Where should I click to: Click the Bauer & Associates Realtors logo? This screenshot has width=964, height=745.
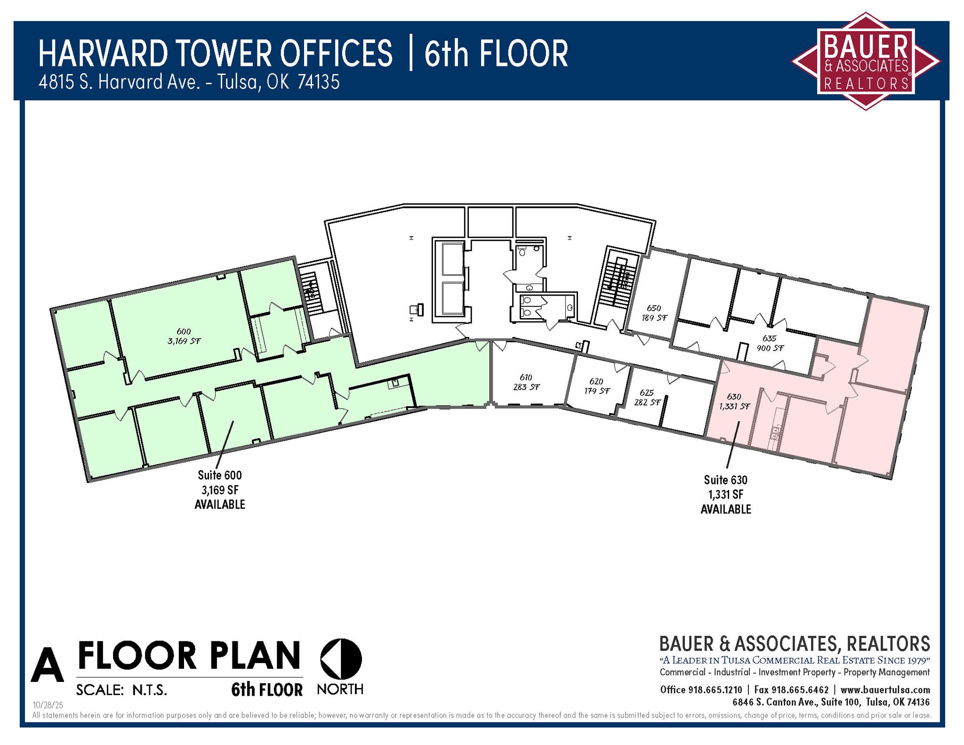866,62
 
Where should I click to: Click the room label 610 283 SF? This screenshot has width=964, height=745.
526,382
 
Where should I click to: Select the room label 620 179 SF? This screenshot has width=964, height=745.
596,386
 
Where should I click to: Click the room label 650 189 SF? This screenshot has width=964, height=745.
654,313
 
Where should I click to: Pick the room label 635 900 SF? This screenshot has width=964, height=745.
770,343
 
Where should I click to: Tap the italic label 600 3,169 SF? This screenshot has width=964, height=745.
184,336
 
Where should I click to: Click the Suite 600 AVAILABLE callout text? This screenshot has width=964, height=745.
220,490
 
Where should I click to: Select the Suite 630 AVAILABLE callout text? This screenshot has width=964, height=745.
725,495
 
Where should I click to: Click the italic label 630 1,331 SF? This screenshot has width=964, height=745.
734,401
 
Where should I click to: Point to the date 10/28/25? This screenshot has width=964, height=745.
48,705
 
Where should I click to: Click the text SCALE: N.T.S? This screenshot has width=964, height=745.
121,690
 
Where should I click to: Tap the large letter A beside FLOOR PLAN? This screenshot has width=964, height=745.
47,665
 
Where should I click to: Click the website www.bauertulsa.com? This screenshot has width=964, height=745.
885,690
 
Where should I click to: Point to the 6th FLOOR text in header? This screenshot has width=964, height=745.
496,54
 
